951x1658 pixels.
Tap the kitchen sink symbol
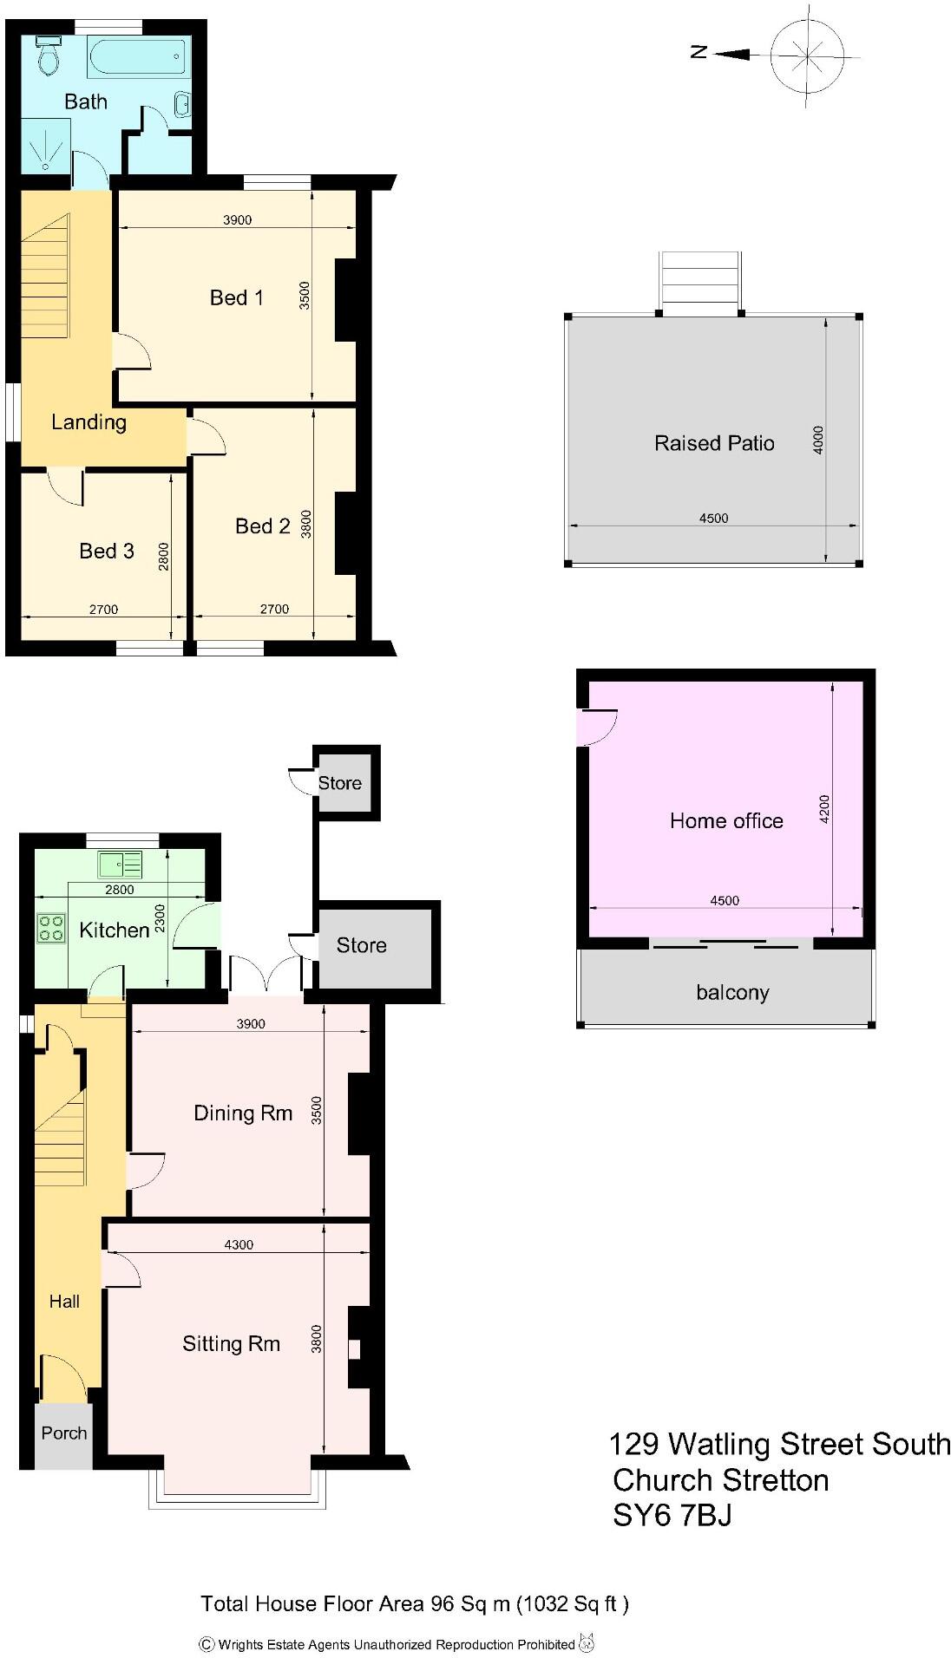120,865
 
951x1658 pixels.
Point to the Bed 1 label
236,297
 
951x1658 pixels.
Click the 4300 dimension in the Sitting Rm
239,1244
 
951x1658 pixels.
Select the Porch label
64,1433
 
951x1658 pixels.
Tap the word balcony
732,992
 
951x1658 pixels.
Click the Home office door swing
599,727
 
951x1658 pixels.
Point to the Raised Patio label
713,443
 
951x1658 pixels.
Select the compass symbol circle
808,55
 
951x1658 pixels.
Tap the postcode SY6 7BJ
672,1516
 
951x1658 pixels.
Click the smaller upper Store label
339,783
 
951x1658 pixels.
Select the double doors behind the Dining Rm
266,974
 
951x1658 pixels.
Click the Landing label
89,422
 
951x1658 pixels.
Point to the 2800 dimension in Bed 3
163,556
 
